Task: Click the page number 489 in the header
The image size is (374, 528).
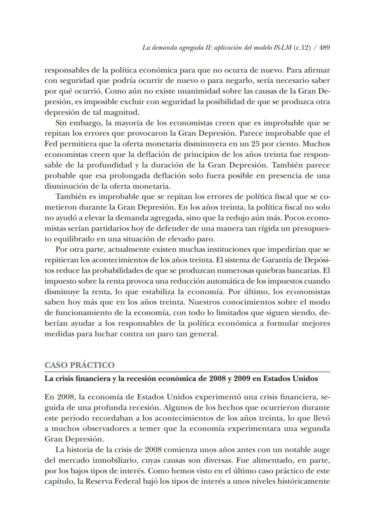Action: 324,48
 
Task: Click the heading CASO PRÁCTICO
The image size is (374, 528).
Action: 80,365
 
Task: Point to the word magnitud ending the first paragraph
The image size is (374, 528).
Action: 124,112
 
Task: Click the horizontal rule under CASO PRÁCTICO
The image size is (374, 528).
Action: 187,372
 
